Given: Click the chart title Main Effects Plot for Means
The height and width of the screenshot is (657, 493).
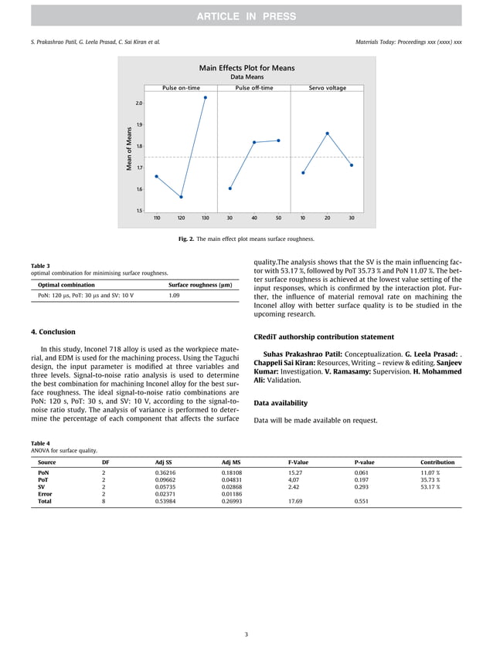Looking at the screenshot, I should [246, 68].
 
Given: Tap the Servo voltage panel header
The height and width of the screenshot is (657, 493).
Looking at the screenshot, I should [327, 88].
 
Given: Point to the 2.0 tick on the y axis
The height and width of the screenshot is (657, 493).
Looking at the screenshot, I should [138, 103].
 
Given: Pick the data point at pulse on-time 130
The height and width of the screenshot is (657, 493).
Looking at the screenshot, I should [205, 97].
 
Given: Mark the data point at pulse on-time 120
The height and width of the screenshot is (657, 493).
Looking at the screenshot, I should [181, 197].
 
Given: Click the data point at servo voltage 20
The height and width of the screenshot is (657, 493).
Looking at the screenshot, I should [327, 134].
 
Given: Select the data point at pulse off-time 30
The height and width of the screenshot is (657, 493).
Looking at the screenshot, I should [230, 188].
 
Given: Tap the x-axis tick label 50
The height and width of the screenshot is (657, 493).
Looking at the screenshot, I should [278, 218].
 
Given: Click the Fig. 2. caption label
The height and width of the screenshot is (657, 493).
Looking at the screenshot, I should [185, 239].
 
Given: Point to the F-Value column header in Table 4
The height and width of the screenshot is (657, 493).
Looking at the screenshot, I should [297, 462].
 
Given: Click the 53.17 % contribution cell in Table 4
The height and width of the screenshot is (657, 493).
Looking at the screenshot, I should [430, 487].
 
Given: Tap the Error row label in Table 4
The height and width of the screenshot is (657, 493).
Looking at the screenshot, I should [46, 494].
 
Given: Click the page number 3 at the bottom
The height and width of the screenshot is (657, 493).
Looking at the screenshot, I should [246, 635].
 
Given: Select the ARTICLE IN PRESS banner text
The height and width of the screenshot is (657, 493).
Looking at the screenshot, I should [246, 15].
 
